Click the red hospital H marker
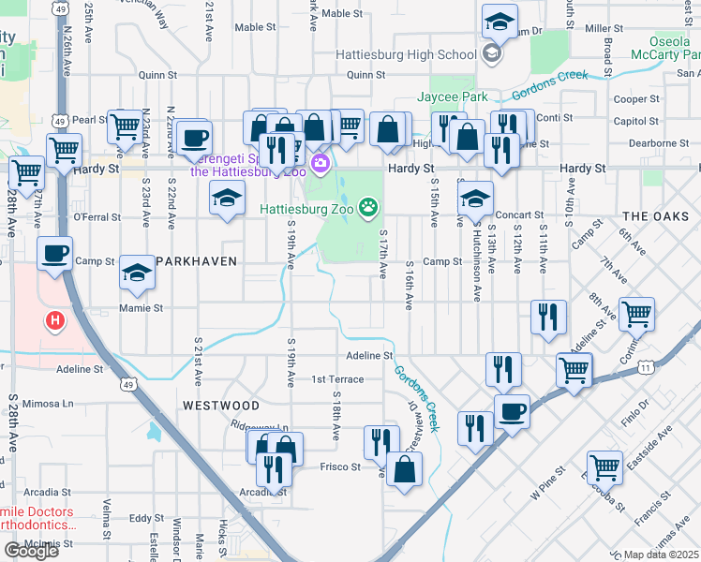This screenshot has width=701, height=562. (x=55, y=320)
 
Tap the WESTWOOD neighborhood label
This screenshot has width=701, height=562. (x=220, y=406)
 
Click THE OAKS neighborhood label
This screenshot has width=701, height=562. (x=655, y=216)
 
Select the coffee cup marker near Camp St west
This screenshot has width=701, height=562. (x=55, y=254)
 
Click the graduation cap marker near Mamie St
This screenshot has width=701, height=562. (x=137, y=273)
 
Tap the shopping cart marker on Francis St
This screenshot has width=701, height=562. (x=605, y=466)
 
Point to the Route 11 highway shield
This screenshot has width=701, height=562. (x=646, y=368)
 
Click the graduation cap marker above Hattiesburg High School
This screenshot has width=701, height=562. (x=500, y=22)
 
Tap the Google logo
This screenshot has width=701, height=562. (x=31, y=550)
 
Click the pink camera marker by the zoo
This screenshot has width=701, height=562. (x=321, y=165)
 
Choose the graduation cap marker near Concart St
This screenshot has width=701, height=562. (x=476, y=198)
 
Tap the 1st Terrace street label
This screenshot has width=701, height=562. (x=337, y=379)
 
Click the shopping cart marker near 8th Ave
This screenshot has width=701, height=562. (x=636, y=315)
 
